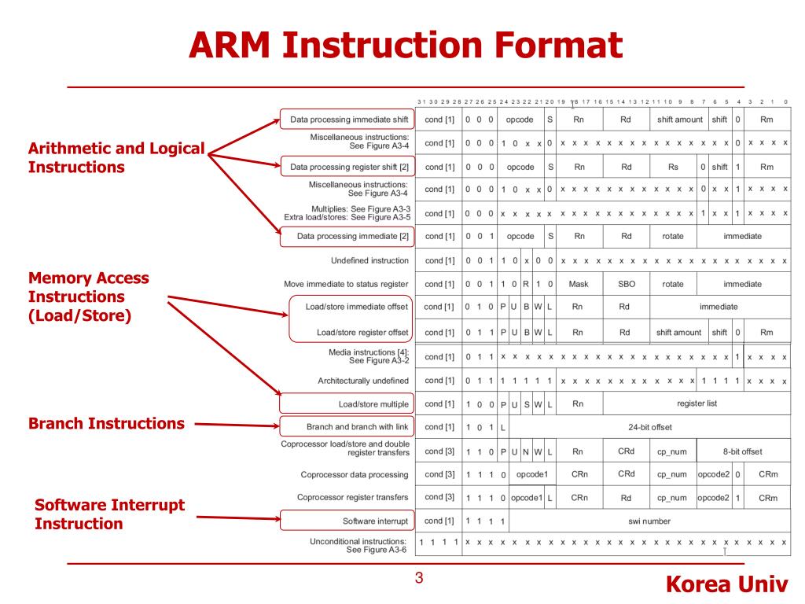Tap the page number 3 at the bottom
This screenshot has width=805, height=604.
(419, 579)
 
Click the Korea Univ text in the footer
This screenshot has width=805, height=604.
(726, 585)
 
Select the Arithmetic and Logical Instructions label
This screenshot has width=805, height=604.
(116, 157)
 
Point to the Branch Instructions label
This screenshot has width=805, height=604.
(106, 423)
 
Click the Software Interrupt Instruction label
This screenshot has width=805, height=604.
(109, 514)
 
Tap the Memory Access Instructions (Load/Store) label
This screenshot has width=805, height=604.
(88, 296)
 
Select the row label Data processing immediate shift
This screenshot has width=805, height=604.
(349, 120)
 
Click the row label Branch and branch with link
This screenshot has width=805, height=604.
(357, 427)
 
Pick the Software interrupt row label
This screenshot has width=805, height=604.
(375, 521)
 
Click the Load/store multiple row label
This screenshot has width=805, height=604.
(373, 404)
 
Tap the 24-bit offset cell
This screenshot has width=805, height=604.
(649, 427)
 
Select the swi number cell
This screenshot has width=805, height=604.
(649, 521)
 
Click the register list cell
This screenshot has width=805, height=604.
(697, 403)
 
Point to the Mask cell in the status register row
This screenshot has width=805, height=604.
(579, 284)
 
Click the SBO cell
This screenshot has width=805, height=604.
(626, 284)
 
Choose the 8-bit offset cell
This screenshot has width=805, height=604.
(742, 451)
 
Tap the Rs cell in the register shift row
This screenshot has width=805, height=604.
(673, 167)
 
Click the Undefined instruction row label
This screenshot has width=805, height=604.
(369, 260)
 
